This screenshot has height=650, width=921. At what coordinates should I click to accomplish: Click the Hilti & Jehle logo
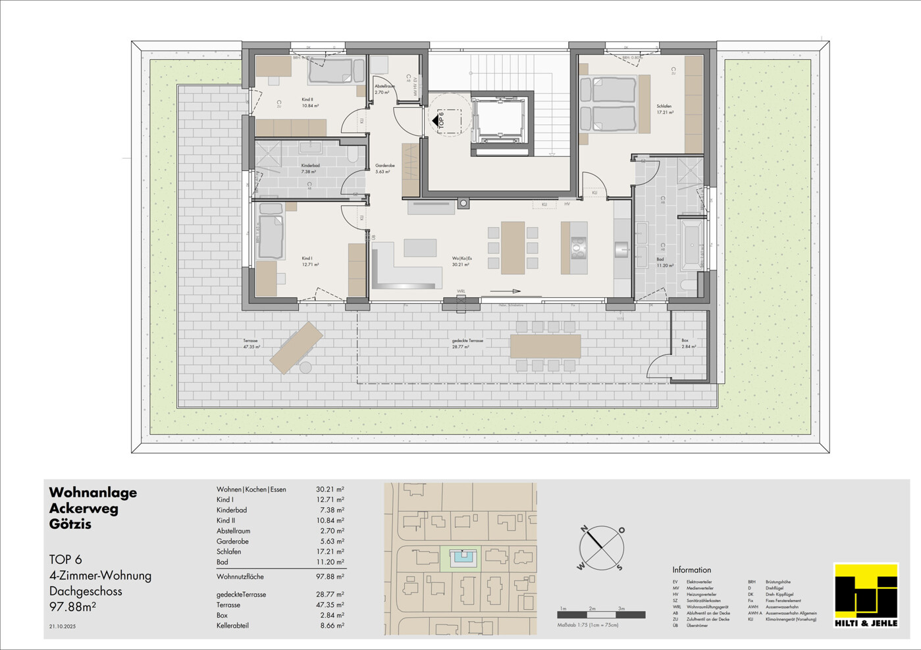pyautogui.click(x=866, y=595)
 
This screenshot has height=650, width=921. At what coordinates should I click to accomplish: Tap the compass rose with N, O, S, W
pyautogui.click(x=601, y=548)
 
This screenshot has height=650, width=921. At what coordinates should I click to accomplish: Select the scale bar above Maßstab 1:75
pyautogui.click(x=601, y=615)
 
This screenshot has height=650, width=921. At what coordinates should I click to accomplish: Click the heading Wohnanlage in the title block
pyautogui.click(x=93, y=493)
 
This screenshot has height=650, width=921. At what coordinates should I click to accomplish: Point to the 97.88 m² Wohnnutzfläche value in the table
pyautogui.click(x=330, y=577)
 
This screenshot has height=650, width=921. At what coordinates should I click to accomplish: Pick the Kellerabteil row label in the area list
pyautogui.click(x=232, y=626)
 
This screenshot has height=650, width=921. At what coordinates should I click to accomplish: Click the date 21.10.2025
pyautogui.click(x=63, y=626)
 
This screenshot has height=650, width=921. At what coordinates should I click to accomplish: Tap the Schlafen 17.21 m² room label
pyautogui.click(x=664, y=109)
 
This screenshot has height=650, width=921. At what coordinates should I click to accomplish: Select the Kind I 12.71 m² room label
pyautogui.click(x=310, y=261)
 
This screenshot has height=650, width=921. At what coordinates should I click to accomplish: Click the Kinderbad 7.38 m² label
pyautogui.click(x=310, y=168)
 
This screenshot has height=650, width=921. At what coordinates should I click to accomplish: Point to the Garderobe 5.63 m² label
pyautogui.click(x=384, y=168)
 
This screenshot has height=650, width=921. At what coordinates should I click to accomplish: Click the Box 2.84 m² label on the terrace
pyautogui.click(x=689, y=343)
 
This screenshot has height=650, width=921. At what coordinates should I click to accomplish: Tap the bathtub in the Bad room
pyautogui.click(x=691, y=245)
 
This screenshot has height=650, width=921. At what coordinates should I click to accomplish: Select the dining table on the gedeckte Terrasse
pyautogui.click(x=545, y=346)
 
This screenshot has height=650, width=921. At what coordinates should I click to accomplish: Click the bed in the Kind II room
pyautogui.click(x=336, y=71)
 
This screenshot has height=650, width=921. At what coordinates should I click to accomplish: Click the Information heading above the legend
pyautogui.click(x=691, y=570)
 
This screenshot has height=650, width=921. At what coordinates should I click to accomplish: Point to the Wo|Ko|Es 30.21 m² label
pyautogui.click(x=461, y=261)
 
